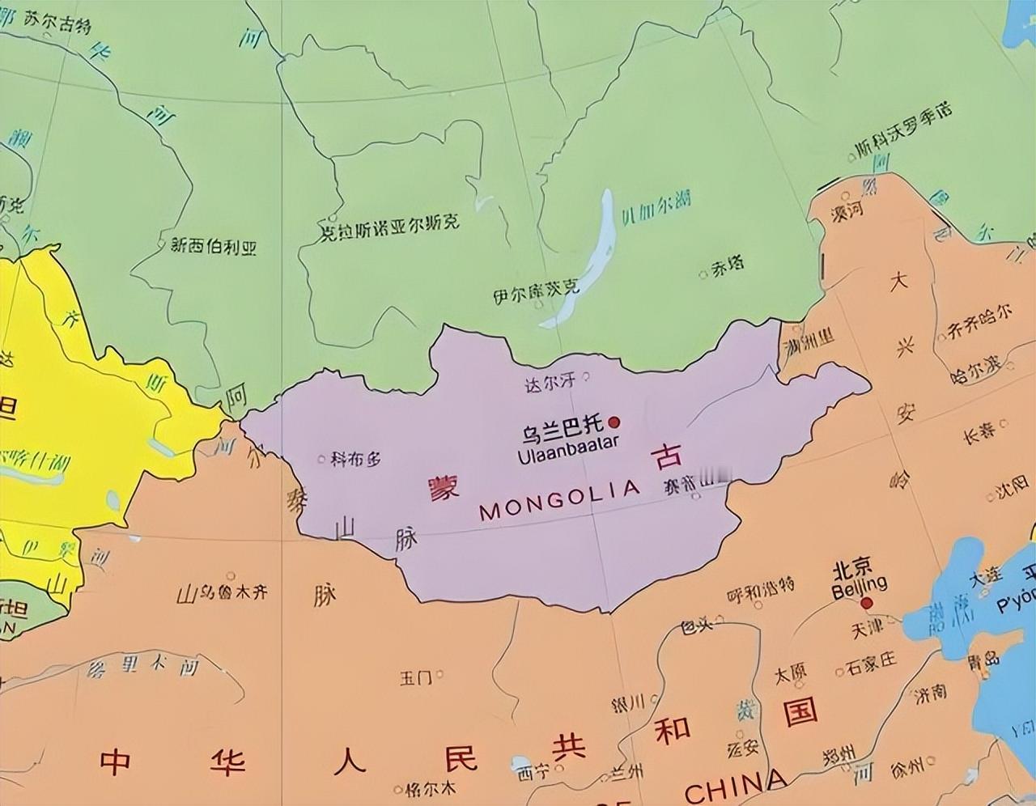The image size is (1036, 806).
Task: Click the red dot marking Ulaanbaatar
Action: coord(614,422)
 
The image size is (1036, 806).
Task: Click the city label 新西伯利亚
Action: coord(214,247)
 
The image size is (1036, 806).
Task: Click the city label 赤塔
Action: coord(728,266)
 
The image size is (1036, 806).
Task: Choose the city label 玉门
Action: coord(416,677)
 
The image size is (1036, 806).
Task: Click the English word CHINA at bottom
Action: coord(735,785)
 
